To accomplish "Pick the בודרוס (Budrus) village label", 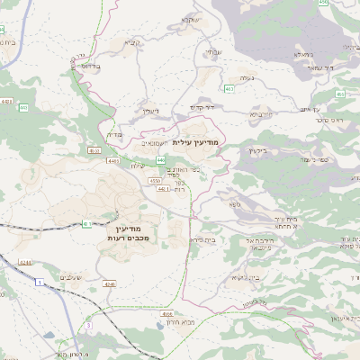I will (86, 66).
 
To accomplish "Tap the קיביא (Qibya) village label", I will (132, 42).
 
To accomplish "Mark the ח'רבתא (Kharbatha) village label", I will (261, 115).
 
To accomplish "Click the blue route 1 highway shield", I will (40, 283).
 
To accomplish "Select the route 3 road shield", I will (88, 324).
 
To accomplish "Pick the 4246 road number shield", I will (110, 283).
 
